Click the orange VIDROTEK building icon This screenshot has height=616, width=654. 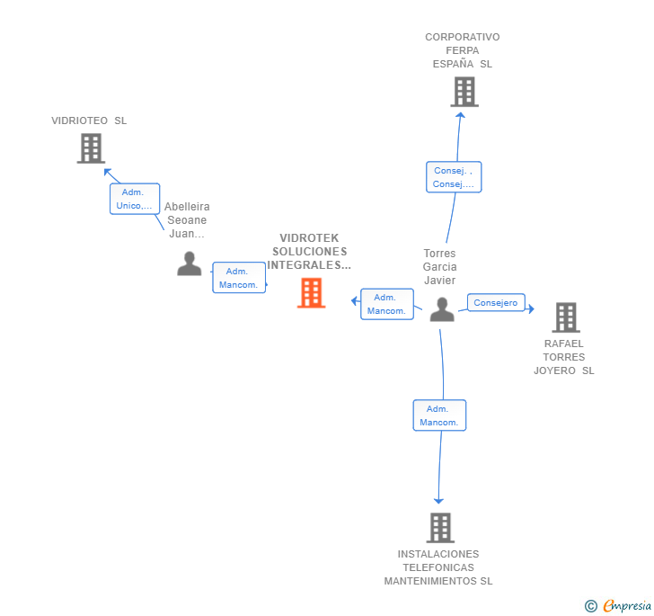click(311, 293)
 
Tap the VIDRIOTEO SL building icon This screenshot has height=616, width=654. click(91, 148)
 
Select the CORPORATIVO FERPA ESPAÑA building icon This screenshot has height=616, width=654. click(464, 92)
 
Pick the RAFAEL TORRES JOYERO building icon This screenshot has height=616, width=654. click(565, 317)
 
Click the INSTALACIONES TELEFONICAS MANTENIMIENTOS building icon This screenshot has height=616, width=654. click(439, 528)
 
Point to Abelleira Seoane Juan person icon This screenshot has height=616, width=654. click(189, 263)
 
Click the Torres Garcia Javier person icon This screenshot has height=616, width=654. click(441, 309)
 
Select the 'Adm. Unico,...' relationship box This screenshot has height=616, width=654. click(135, 199)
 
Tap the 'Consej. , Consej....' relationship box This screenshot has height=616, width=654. click(453, 177)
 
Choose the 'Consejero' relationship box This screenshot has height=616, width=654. click(496, 303)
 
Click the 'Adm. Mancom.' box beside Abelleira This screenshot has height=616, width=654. click(239, 278)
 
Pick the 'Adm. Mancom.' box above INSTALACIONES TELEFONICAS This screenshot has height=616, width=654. click(439, 415)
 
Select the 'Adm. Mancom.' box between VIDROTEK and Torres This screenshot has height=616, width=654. click(387, 304)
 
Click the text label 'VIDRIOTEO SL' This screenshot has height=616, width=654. click(89, 121)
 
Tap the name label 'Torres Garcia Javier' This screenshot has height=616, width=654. click(440, 267)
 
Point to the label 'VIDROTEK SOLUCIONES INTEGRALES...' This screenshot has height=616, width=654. click(310, 252)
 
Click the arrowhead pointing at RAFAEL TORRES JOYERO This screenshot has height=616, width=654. click(531, 309)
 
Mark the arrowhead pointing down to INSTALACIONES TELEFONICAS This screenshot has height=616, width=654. click(438, 500)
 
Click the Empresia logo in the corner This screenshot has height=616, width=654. click(627, 606)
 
